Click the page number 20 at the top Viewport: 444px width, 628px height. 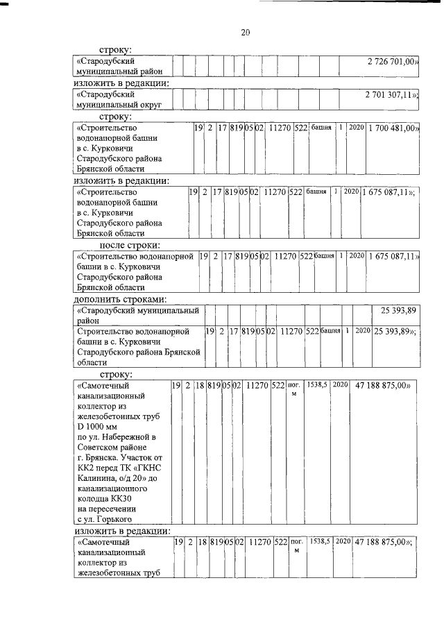coord(245,33)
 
